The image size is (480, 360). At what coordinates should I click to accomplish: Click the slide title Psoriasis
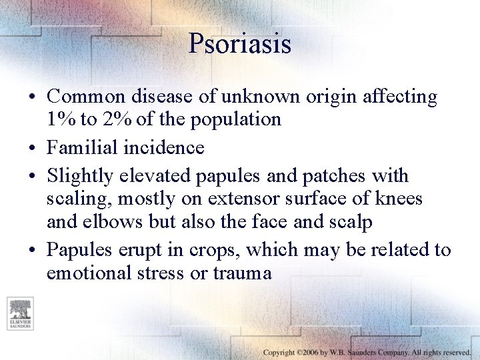tap(240, 44)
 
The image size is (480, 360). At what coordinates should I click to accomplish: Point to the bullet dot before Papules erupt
tap(33, 251)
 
